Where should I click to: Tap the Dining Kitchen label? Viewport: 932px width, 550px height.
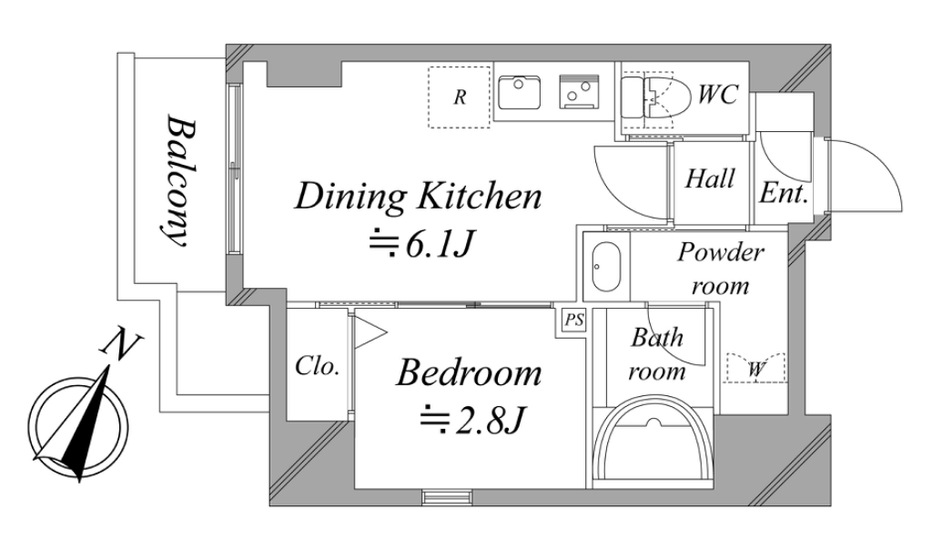[418, 197]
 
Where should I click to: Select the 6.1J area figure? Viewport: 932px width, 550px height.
[422, 244]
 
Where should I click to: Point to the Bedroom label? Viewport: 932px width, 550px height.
[469, 373]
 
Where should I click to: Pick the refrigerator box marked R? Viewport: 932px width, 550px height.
[460, 97]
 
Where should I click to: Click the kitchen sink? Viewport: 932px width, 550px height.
[519, 92]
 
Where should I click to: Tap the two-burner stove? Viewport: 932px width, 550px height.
[578, 92]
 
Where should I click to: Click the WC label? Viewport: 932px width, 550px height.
[718, 94]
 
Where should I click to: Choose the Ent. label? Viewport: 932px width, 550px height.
[784, 193]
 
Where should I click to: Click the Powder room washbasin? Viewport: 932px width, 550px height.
[606, 267]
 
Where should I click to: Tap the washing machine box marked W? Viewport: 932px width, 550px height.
[755, 368]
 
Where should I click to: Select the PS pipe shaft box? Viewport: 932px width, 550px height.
[573, 321]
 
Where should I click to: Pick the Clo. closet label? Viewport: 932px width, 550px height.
[318, 366]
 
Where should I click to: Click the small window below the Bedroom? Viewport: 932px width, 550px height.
[448, 496]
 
